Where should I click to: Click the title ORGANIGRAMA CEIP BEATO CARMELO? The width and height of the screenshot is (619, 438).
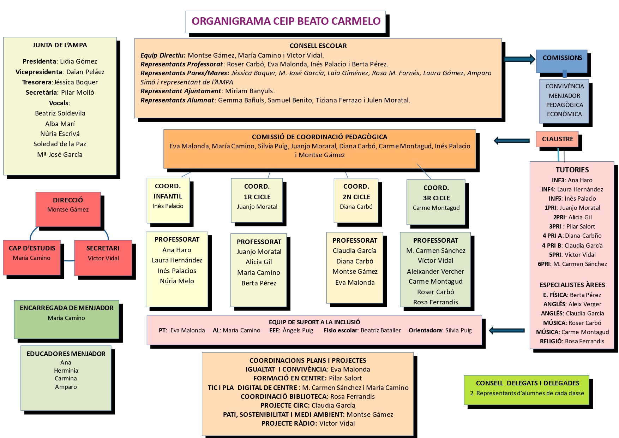[x=286, y=21]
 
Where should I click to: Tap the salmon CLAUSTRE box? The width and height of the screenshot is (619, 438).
[x=557, y=139]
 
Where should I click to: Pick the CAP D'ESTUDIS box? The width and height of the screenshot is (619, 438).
[x=32, y=257]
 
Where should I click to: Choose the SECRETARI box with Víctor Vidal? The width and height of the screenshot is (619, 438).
[x=103, y=257]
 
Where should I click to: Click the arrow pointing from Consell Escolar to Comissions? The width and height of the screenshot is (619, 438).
[x=519, y=59]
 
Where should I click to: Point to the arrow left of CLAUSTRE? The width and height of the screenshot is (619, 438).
[x=511, y=141]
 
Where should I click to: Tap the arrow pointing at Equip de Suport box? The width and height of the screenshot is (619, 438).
[x=506, y=331]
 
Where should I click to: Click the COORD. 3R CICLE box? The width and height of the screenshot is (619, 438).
[x=436, y=202]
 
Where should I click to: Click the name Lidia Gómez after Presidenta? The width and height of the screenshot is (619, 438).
[x=78, y=61]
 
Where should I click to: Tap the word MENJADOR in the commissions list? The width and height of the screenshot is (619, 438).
[x=564, y=96]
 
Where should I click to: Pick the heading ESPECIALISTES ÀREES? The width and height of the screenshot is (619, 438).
[x=572, y=285]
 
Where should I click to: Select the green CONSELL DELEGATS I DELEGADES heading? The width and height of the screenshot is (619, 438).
[x=527, y=383]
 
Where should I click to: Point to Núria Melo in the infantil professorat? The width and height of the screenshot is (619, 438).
[x=177, y=281]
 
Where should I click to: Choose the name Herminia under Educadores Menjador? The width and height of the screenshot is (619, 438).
[x=66, y=371]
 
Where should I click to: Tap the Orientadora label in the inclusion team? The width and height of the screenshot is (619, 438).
[x=425, y=331]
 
